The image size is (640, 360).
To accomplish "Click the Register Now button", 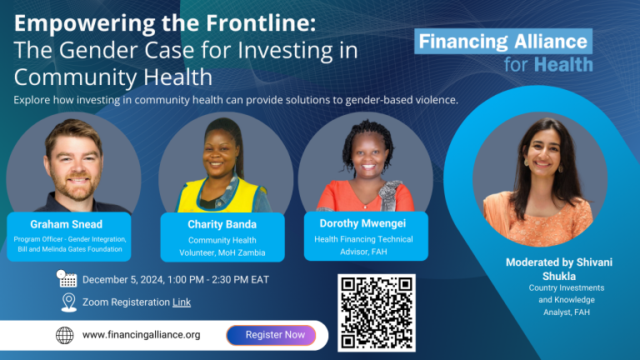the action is click(271, 335).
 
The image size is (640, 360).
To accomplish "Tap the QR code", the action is click(377, 312).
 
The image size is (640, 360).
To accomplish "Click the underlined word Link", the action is click(182, 302).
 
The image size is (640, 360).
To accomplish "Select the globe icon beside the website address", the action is click(64, 335).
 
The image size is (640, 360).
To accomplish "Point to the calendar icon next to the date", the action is click(67, 279).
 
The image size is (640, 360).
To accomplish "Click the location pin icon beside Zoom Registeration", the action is click(68, 302).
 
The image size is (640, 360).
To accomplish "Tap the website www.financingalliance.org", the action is click(141, 335).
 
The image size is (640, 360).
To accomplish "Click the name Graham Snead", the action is click(66, 224).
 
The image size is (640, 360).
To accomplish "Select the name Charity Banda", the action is click(222, 224).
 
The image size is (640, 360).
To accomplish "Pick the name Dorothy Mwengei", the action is click(362, 223).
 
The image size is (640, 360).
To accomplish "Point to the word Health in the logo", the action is click(563, 65).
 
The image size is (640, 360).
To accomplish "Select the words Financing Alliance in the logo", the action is click(502, 41).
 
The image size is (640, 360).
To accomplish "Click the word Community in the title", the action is click(77, 77).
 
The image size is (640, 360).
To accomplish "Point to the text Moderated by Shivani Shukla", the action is click(559, 269).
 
